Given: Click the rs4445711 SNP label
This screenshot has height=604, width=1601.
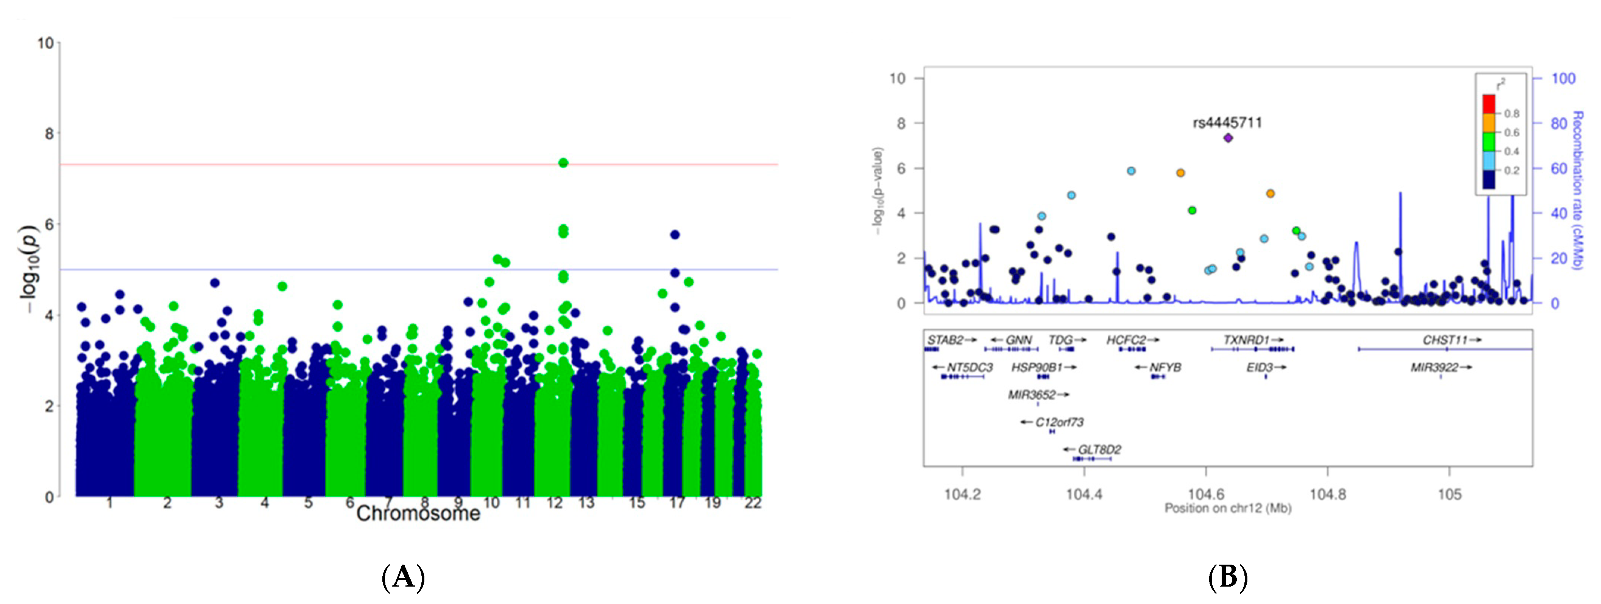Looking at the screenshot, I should click(x=1227, y=122).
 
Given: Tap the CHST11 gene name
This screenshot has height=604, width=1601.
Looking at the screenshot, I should click(x=1445, y=340).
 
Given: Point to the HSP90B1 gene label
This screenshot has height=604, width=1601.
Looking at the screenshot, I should click(x=1037, y=367).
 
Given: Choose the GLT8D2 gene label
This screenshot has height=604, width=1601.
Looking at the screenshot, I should click(x=1099, y=449).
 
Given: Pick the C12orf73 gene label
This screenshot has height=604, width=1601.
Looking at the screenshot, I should click(x=1059, y=422).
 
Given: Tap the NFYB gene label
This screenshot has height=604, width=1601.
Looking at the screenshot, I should click(x=1165, y=367).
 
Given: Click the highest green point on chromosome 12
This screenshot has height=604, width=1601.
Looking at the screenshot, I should click(x=563, y=163).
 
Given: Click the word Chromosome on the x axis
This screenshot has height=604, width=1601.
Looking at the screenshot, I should click(x=418, y=513).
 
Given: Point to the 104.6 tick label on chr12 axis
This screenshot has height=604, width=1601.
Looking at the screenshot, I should click(x=1206, y=495).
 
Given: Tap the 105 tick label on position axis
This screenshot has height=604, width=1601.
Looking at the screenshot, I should click(x=1449, y=495).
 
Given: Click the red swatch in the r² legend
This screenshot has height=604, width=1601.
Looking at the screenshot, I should click(x=1489, y=103).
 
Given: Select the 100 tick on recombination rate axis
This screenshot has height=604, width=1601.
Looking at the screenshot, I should click(x=1564, y=78).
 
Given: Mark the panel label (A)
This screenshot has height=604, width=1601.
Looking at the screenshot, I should click(x=403, y=577).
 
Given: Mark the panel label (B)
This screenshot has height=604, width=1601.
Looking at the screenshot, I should click(x=1227, y=577).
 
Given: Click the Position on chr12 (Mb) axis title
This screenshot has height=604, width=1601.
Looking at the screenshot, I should click(x=1227, y=508).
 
